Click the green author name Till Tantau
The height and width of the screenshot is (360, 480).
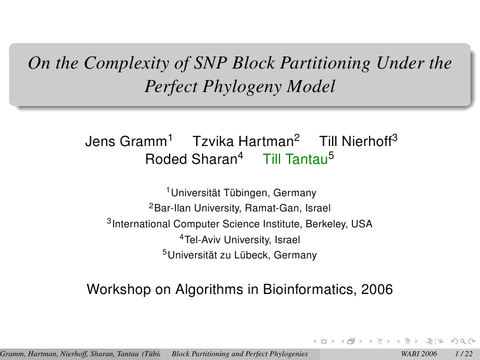[295, 159]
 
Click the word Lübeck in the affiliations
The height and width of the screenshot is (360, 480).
[252, 255]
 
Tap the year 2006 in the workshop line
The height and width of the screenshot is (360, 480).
[377, 290]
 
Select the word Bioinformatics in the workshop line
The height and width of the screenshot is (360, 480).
[309, 290]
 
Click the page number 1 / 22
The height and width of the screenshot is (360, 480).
[463, 354]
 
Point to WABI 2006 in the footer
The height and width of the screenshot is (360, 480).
[419, 354]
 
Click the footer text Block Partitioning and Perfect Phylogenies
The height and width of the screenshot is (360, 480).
[240, 354]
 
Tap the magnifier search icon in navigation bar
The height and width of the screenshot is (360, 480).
[463, 342]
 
